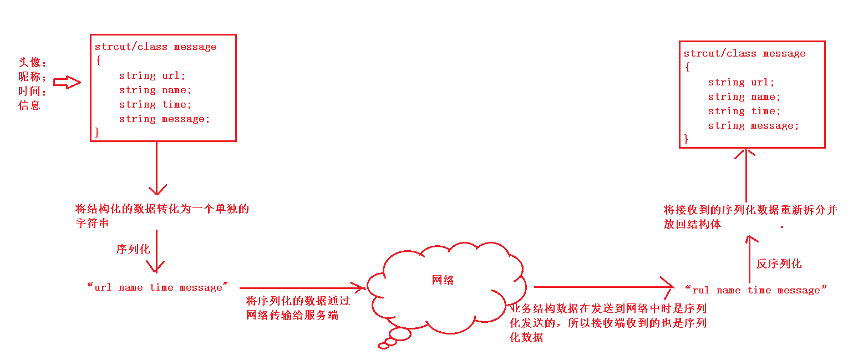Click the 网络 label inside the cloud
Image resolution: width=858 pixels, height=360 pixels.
coord(443,280)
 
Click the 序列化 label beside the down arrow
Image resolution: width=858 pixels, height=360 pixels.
coord(133,249)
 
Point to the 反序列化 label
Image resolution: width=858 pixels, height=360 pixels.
coord(779,263)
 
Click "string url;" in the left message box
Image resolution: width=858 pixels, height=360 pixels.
coord(153,75)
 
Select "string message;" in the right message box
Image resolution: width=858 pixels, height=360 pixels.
coord(753,125)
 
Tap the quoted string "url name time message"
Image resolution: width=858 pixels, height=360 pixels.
coord(158,287)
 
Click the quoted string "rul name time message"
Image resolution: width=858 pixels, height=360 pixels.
coord(756,290)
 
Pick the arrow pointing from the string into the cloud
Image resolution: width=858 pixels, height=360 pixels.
coord(302,288)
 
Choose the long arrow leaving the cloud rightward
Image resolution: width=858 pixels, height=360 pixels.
coord(603,287)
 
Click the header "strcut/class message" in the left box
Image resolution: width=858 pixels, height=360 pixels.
coord(155,47)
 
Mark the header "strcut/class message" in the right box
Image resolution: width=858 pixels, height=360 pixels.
coord(744,53)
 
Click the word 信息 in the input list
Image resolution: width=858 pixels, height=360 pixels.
coord(29,105)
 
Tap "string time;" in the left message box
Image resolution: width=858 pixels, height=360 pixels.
coord(155,104)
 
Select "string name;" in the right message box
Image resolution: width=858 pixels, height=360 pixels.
coord(744,97)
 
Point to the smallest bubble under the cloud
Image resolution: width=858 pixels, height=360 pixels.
coord(383,346)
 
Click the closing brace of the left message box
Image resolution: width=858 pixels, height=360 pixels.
coord(97,132)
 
